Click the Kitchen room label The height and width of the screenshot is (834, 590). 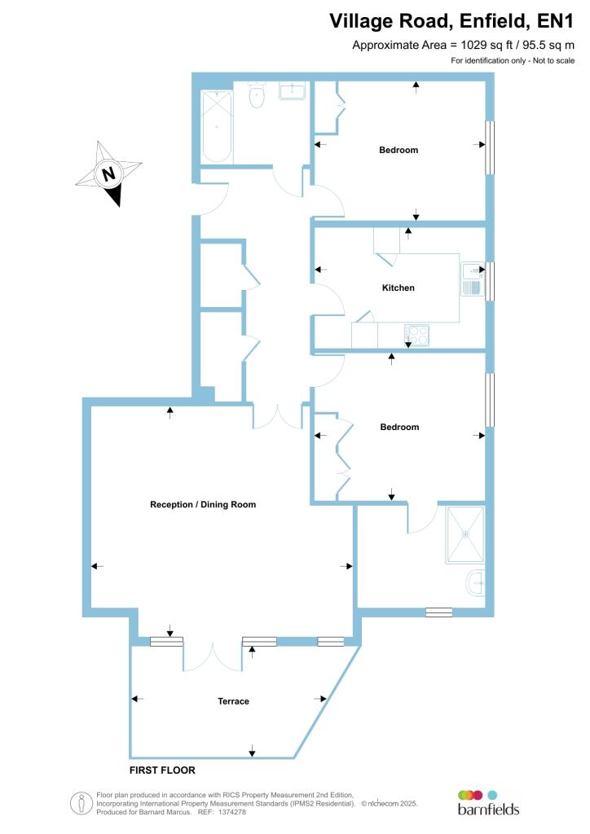click(398, 288)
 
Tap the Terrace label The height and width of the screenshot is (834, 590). click(233, 701)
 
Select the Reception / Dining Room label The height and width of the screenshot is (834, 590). click(203, 505)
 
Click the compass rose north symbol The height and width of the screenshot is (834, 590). click(108, 173)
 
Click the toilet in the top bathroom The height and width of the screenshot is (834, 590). click(257, 96)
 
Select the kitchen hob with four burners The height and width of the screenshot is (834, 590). click(416, 334)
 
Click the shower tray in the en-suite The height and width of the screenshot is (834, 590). click(465, 534)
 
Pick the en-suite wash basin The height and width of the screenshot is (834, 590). click(476, 582)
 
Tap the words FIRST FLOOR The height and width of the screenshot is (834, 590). click(162, 770)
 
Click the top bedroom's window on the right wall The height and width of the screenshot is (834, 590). click(490, 147)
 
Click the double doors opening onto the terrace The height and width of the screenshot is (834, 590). click(213, 655)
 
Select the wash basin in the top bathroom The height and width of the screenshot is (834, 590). click(293, 90)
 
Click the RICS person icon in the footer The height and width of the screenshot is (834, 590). click(81, 802)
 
